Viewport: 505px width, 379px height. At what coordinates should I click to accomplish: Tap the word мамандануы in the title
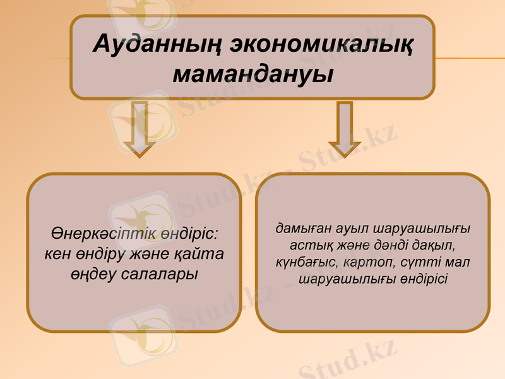tap(252, 74)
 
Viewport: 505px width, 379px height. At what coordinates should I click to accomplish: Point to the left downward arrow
tap(141, 129)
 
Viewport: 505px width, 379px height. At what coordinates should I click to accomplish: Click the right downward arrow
tap(345, 129)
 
